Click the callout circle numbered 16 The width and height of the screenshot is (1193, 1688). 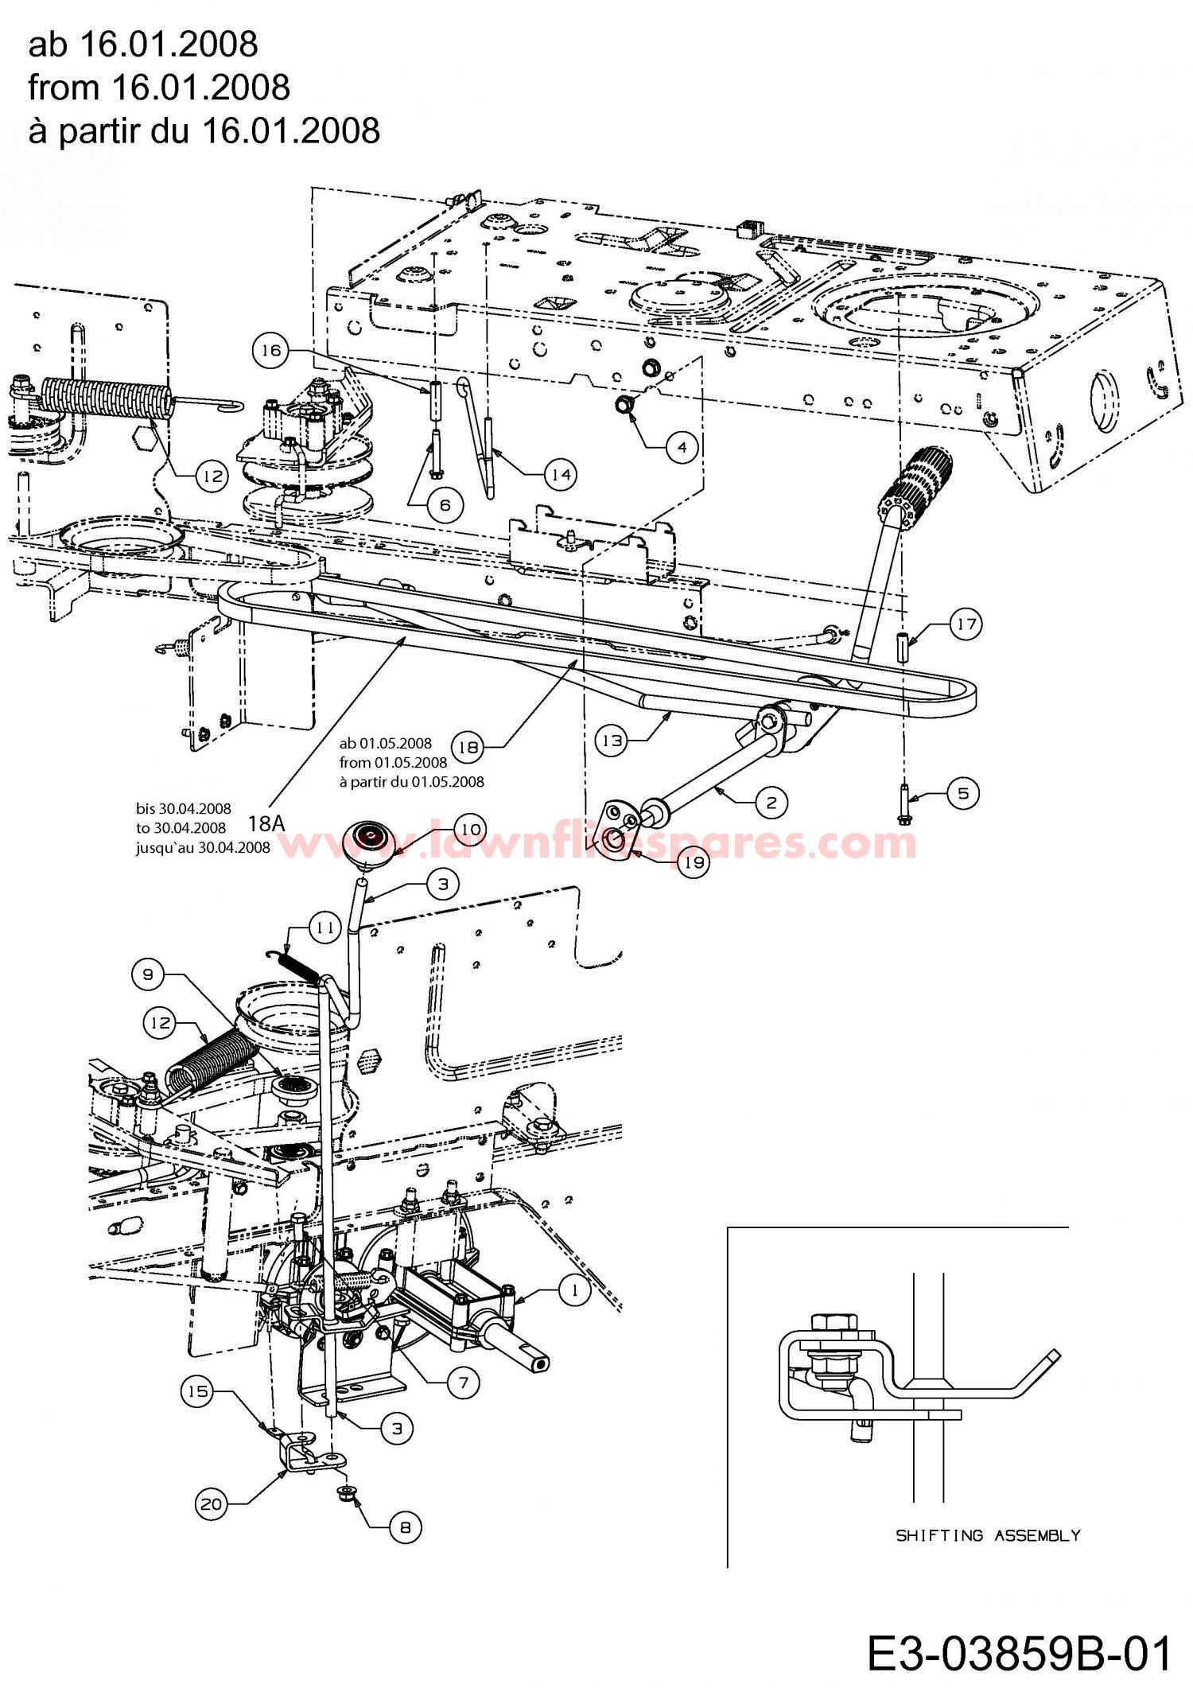(270, 352)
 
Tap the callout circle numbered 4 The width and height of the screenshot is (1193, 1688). (682, 447)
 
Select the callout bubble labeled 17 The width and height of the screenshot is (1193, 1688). (966, 624)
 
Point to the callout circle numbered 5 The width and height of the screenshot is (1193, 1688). (963, 793)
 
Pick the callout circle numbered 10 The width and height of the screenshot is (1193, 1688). (471, 830)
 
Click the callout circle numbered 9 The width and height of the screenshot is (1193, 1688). (150, 974)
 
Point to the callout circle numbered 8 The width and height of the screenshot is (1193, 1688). (405, 1527)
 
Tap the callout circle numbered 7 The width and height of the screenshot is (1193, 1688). (464, 1383)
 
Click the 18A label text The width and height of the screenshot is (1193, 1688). (266, 821)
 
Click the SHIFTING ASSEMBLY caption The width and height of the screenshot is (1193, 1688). (988, 1535)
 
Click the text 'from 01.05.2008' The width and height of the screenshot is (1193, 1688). (394, 762)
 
